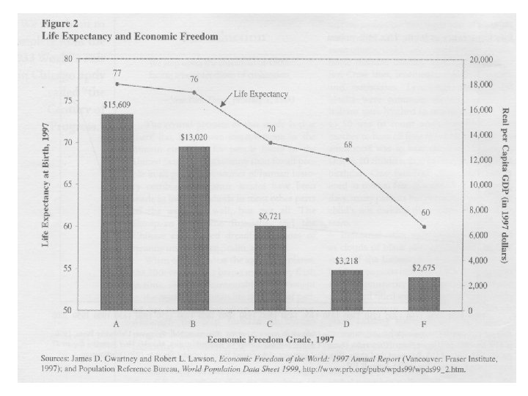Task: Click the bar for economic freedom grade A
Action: [x=117, y=213]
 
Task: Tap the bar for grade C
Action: [x=271, y=268]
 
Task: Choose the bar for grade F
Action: [x=424, y=293]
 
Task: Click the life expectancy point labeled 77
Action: [x=117, y=84]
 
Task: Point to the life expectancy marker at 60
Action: [x=424, y=227]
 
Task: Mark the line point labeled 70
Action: [x=271, y=143]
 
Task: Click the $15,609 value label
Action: [x=117, y=106]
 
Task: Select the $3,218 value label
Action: [x=348, y=262]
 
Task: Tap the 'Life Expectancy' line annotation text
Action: [x=260, y=94]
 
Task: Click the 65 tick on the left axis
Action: [x=67, y=184]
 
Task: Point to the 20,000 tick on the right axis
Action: [x=480, y=59]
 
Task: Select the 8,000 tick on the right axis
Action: [x=478, y=210]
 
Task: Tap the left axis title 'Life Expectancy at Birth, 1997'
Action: [x=45, y=183]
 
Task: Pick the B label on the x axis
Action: [x=194, y=323]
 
